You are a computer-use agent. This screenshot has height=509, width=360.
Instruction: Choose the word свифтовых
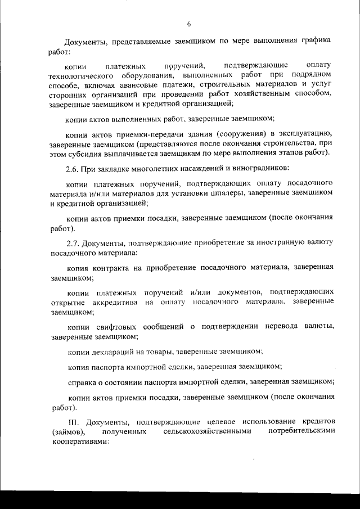(x=125, y=326)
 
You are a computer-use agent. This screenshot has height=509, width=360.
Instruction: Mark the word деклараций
(x=116, y=351)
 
